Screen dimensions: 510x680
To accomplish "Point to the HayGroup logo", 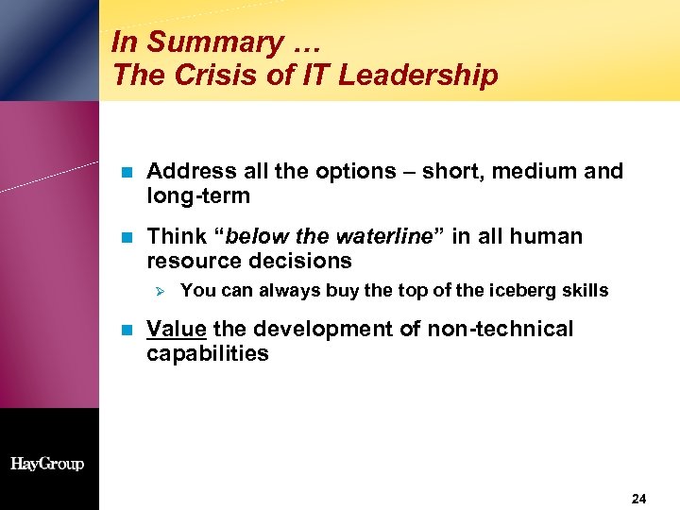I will (x=47, y=464).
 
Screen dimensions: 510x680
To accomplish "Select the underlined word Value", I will (x=178, y=329).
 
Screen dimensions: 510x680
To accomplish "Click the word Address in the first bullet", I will (x=192, y=171).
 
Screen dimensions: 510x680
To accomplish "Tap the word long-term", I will (x=198, y=196).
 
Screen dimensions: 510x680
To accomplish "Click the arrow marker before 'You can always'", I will (x=159, y=291).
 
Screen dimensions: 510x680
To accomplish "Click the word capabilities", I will (x=208, y=354).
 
